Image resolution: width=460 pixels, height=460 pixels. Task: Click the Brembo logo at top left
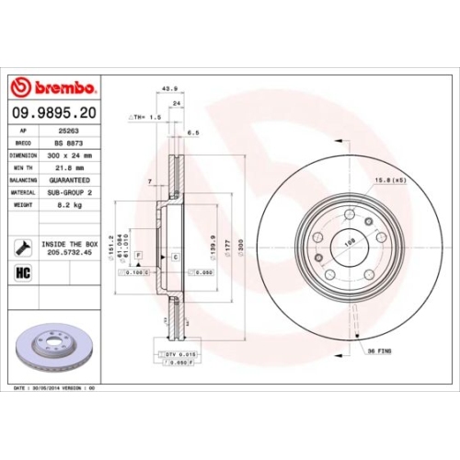(53, 87)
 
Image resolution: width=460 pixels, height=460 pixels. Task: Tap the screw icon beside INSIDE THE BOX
(19, 247)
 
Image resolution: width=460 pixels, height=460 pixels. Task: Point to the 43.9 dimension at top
(169, 88)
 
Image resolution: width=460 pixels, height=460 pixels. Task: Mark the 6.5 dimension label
(193, 132)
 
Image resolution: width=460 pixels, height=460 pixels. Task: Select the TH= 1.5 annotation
(147, 118)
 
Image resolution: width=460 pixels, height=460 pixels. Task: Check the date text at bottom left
(55, 388)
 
